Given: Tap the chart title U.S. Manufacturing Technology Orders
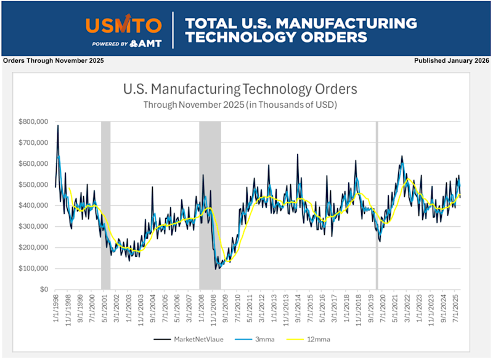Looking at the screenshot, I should pos(240,89).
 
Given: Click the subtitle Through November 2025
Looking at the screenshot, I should pos(240,104).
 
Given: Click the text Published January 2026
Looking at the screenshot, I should pos(451,61).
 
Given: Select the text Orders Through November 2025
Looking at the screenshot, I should pos(54,61).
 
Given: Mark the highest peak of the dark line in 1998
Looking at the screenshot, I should pos(58,126).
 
